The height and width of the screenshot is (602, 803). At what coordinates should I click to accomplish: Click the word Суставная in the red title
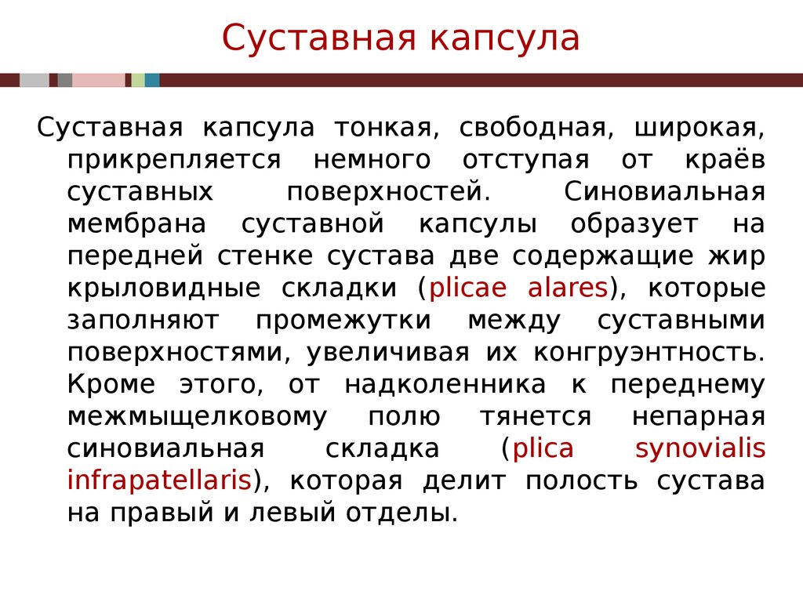[318, 38]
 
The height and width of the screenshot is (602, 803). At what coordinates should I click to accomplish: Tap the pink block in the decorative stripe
[98, 81]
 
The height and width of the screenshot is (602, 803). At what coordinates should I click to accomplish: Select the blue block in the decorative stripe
[152, 81]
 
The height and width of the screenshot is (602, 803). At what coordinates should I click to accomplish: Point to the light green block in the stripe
[138, 81]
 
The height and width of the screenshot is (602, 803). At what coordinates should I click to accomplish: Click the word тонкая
[387, 128]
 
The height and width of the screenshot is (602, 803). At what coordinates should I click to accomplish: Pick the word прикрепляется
[174, 161]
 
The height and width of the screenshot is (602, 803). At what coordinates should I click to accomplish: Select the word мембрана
[136, 223]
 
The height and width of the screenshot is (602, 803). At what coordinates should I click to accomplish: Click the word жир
[737, 257]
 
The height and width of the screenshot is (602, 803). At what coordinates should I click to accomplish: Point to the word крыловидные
[164, 288]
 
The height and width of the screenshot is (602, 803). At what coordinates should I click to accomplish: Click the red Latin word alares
[568, 288]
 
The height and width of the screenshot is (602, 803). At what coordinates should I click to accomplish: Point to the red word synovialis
[700, 449]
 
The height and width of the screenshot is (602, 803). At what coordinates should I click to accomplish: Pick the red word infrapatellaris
[159, 481]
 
